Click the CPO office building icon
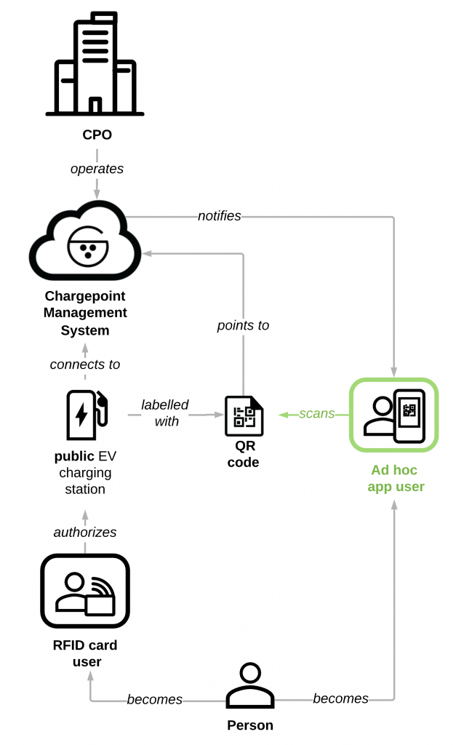point(95,65)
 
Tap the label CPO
point(97,135)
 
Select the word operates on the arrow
point(97,169)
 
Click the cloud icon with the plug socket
point(85,243)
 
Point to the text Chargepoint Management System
point(85,313)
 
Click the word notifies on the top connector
point(219,216)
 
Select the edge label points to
point(243,325)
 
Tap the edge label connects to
point(85,364)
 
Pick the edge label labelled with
point(166,413)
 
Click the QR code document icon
point(243,416)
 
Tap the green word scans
point(316,413)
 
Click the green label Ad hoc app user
point(396,479)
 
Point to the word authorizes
point(85,532)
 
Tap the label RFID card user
point(85,653)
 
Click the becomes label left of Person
point(154,699)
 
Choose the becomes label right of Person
point(340,698)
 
